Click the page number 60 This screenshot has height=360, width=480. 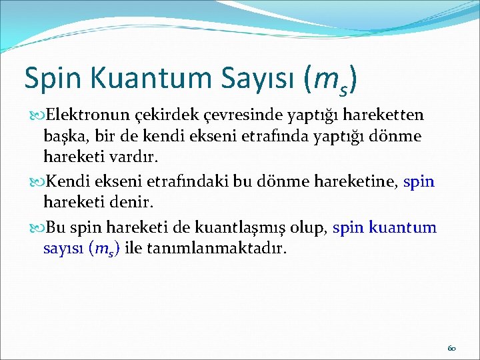pos(451,348)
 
